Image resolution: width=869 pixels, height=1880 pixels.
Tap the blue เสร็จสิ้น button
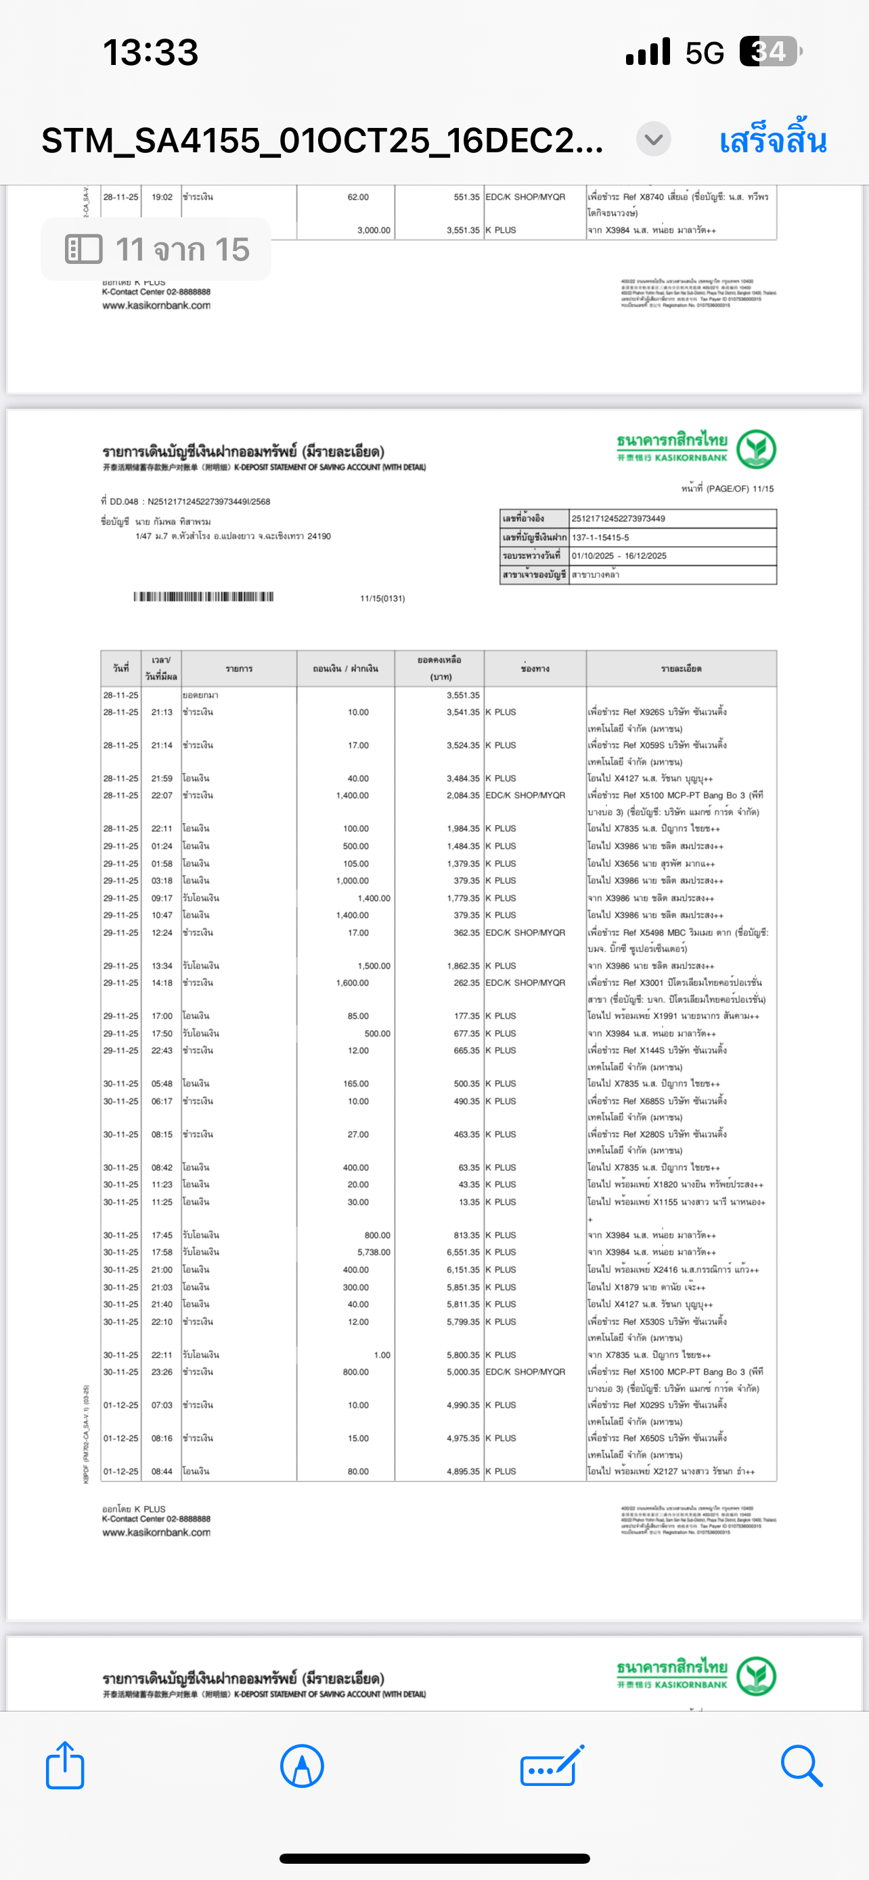click(773, 140)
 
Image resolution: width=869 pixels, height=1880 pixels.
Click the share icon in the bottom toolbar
click(65, 1766)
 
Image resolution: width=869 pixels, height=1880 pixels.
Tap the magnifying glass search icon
click(801, 1766)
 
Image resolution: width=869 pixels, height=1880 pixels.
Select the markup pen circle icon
click(302, 1766)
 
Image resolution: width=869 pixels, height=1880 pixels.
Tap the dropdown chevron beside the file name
click(653, 139)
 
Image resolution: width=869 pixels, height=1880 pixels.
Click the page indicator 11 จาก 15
click(156, 250)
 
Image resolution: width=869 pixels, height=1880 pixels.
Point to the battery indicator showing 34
click(770, 52)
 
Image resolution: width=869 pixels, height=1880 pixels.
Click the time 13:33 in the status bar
click(150, 53)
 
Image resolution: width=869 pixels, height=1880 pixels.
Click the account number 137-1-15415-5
click(600, 537)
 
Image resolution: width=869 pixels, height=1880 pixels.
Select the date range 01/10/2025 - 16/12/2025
click(619, 556)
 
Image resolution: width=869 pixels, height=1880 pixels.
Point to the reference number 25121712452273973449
click(618, 519)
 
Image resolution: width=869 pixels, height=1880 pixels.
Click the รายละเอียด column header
click(681, 669)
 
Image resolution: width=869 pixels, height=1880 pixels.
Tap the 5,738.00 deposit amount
click(374, 1253)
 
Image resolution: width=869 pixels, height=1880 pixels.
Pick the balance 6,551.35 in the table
click(463, 1253)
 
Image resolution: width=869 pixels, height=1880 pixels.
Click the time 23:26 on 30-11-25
click(162, 1372)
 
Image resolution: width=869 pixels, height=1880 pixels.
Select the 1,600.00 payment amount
click(353, 983)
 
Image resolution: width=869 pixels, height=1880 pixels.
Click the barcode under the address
click(204, 597)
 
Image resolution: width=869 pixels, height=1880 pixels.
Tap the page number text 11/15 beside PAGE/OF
click(763, 489)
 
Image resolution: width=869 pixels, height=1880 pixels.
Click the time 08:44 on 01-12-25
click(162, 1471)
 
